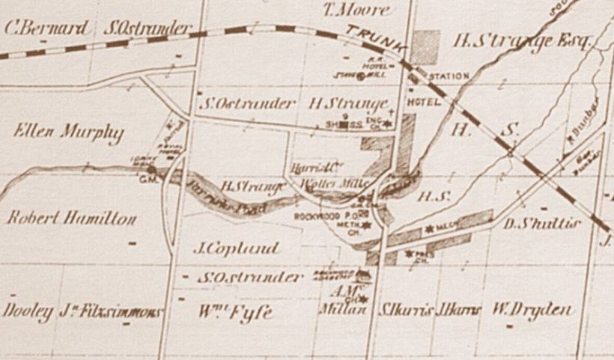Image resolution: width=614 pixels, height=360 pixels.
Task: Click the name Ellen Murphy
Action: pyautogui.click(x=68, y=132)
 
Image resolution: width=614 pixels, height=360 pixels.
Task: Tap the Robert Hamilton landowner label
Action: pyautogui.click(x=71, y=218)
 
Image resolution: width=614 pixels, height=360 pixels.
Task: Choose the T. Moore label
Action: pyautogui.click(x=356, y=10)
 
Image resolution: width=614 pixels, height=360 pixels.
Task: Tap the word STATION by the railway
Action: pyautogui.click(x=449, y=76)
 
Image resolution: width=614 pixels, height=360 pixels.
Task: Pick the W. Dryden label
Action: pyautogui.click(x=532, y=309)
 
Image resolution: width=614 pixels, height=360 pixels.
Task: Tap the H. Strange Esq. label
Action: pyautogui.click(x=523, y=42)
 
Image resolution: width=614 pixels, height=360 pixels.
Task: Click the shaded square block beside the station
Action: pyautogui.click(x=425, y=44)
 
